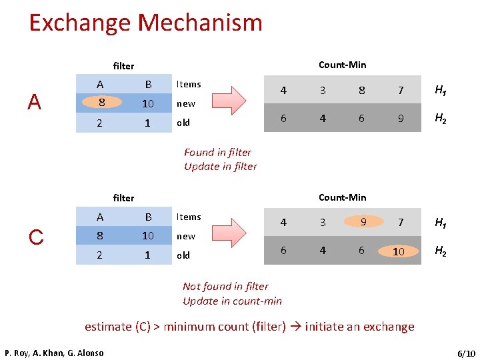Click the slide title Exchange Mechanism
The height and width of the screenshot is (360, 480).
coord(145,23)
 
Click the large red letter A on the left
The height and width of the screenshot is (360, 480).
coord(35,102)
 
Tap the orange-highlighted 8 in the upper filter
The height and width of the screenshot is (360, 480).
coord(101,103)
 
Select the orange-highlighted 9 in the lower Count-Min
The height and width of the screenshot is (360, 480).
coord(363,221)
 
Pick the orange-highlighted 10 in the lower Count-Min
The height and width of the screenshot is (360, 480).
coord(399,251)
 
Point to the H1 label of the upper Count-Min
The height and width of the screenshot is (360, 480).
coord(441,90)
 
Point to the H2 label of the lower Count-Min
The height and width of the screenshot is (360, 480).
coord(441,251)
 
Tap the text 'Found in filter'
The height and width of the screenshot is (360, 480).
coord(217,152)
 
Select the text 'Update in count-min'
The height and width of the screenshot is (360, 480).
coord(232,301)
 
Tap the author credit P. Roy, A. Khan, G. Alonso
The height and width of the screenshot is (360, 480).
coord(54,353)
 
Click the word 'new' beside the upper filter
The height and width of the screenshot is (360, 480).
coord(185,103)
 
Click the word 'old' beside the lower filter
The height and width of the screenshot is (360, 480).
coord(183,255)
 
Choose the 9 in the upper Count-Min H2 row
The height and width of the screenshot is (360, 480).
coord(401,118)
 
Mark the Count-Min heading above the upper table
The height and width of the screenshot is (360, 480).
coord(342,65)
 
